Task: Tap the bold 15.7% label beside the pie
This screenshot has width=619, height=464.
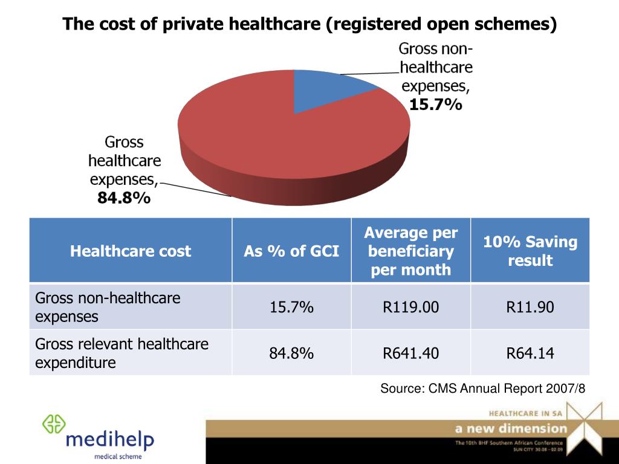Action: pyautogui.click(x=435, y=105)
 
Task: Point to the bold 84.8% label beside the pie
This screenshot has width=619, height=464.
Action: pyautogui.click(x=124, y=198)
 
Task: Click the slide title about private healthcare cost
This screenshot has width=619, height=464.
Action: pyautogui.click(x=309, y=24)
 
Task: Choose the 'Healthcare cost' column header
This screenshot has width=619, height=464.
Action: pyautogui.click(x=131, y=251)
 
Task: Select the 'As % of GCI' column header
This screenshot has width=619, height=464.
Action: pyautogui.click(x=291, y=251)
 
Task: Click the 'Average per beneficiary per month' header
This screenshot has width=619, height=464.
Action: pyautogui.click(x=411, y=251)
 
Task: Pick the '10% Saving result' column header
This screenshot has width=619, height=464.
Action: pyautogui.click(x=530, y=251)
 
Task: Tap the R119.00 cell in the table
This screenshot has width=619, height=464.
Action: pyautogui.click(x=411, y=308)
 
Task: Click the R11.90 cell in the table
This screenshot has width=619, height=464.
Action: pyautogui.click(x=530, y=308)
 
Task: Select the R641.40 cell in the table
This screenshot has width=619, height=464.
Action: pyautogui.click(x=411, y=353)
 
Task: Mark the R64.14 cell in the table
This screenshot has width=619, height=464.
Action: pyautogui.click(x=530, y=353)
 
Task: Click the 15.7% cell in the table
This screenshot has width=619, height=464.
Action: pyautogui.click(x=291, y=308)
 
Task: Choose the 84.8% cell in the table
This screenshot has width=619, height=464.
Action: pyautogui.click(x=291, y=353)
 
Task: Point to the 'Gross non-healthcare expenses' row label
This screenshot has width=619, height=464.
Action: pyautogui.click(x=108, y=307)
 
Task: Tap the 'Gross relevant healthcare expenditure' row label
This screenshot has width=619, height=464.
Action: pyautogui.click(x=122, y=353)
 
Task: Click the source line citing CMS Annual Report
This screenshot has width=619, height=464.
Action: pyautogui.click(x=482, y=388)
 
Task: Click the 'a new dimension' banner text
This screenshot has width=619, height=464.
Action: pyautogui.click(x=511, y=429)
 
